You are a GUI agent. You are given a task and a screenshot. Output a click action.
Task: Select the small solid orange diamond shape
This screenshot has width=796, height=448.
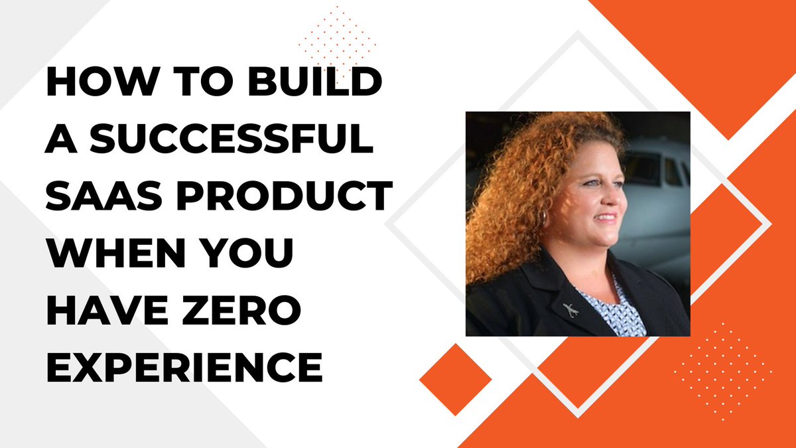coord(455,380)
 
